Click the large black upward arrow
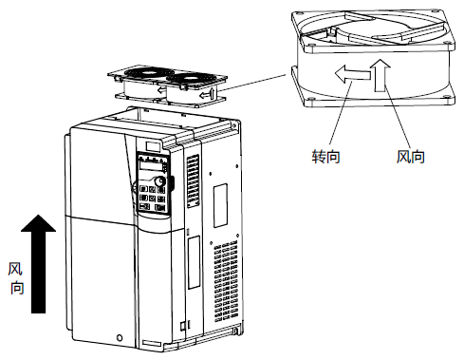tap(38, 263)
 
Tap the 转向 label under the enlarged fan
tap(326, 156)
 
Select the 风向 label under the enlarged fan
tap(411, 156)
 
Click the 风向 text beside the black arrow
tap(16, 278)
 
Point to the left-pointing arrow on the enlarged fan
tap(352, 74)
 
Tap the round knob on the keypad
tap(159, 181)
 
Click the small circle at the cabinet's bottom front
tap(120, 337)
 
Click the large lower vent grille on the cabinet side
tap(226, 282)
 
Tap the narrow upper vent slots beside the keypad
tap(193, 180)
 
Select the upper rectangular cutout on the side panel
tap(220, 205)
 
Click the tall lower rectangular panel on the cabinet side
tap(194, 262)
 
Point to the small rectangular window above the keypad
tap(153, 146)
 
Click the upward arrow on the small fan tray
tap(212, 93)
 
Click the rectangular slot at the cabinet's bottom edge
tap(152, 343)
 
